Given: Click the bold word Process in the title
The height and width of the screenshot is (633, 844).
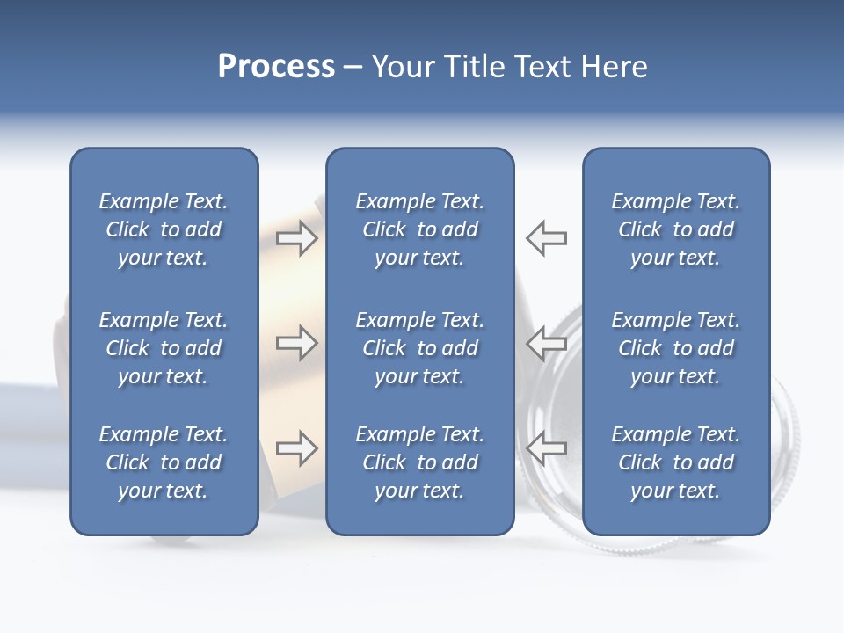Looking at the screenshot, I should pos(276,67).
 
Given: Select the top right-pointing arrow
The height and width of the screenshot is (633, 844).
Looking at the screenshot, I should pos(296,238).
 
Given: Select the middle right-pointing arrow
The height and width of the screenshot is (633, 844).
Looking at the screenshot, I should pos(296,343).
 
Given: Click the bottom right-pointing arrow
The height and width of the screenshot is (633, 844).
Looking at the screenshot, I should pos(296,448).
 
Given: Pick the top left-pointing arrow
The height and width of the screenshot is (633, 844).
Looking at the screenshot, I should pos(547,238).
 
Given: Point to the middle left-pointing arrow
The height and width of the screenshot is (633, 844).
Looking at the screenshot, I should pos(547,343).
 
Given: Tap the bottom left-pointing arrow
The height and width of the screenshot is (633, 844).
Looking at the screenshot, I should pos(547,448).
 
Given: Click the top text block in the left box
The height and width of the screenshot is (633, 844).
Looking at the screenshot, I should pos(164,229).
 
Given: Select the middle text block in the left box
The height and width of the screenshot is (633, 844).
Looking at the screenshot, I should pos(164,348).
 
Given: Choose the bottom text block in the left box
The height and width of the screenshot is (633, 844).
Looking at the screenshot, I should pos(164,462).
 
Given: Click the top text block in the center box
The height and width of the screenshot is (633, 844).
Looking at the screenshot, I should pos(419,229).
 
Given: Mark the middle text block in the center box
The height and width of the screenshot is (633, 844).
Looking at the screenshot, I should pos(419,348).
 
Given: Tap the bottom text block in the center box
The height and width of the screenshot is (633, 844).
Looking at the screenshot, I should pos(419,462).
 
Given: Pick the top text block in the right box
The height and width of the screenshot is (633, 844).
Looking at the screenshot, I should pos(676,229).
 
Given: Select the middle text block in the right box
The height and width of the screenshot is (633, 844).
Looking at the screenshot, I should pos(676,348).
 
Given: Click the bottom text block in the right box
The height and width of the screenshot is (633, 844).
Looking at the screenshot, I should pos(676,462).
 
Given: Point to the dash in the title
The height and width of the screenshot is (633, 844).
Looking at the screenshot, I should pos(353,68).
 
